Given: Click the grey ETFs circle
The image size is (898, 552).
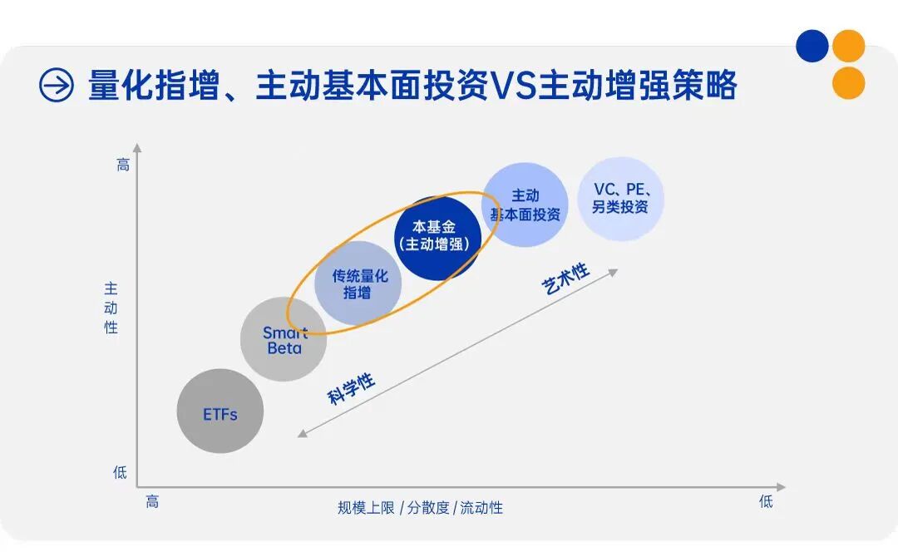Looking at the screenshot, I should (220, 412).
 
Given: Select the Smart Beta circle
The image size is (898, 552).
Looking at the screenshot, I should (284, 338).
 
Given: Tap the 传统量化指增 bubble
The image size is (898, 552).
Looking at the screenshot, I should (358, 283).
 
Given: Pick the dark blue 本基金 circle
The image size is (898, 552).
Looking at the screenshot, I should (437, 237).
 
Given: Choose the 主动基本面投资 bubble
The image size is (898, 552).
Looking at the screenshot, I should (525, 205).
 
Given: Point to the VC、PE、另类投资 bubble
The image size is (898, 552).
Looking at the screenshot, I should (621, 199).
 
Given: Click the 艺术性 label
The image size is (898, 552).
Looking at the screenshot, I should (566, 279).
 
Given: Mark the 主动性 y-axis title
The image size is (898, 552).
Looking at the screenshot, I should (111, 308).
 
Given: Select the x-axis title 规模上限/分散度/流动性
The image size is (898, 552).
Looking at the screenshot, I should (420, 507).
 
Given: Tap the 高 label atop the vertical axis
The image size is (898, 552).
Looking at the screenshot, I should (122, 165).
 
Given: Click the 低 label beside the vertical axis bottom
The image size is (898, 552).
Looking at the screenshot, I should (121, 472).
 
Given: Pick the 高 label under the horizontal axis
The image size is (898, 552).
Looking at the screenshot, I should (152, 501).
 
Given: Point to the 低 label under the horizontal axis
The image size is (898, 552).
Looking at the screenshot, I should (766, 501).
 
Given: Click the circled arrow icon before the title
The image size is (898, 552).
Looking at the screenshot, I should (57, 85).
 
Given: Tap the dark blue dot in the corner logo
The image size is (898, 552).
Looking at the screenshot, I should (812, 46).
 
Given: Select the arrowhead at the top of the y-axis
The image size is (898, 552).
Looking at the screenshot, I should (137, 148).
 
